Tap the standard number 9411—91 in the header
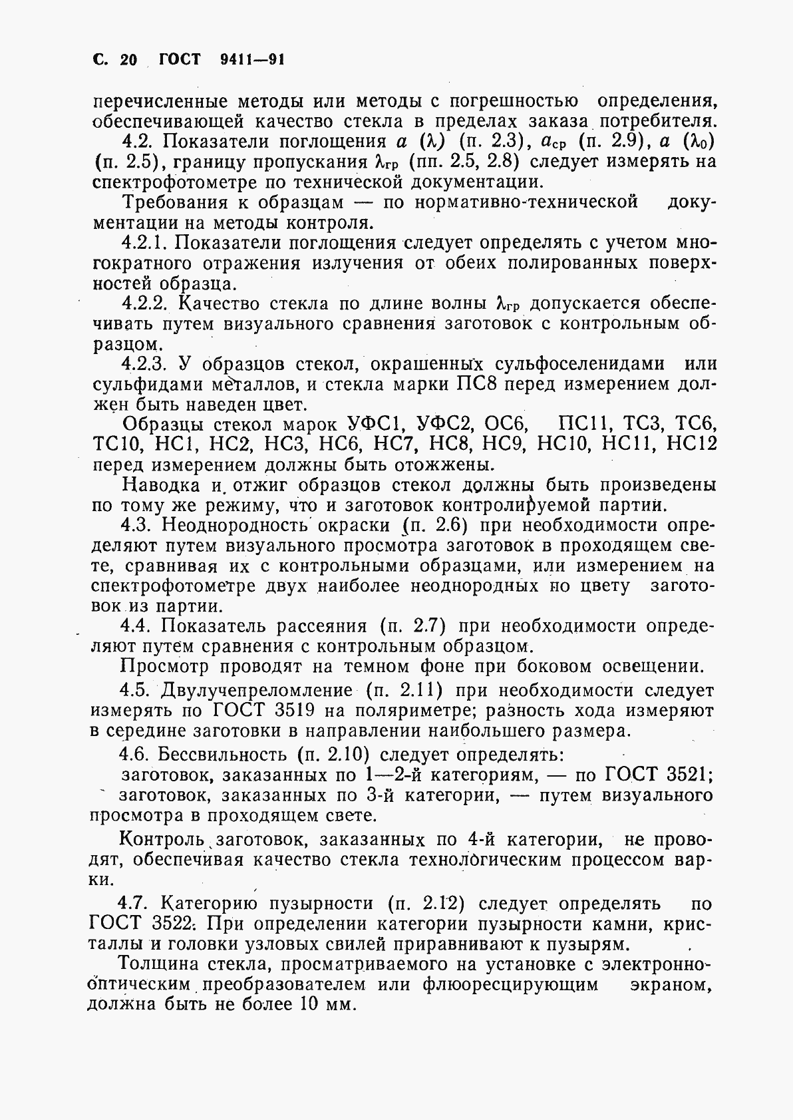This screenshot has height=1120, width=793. pos(251,60)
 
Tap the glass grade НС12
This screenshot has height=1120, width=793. pos(692,444)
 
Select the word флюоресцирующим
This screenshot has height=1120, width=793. pos(510,984)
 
